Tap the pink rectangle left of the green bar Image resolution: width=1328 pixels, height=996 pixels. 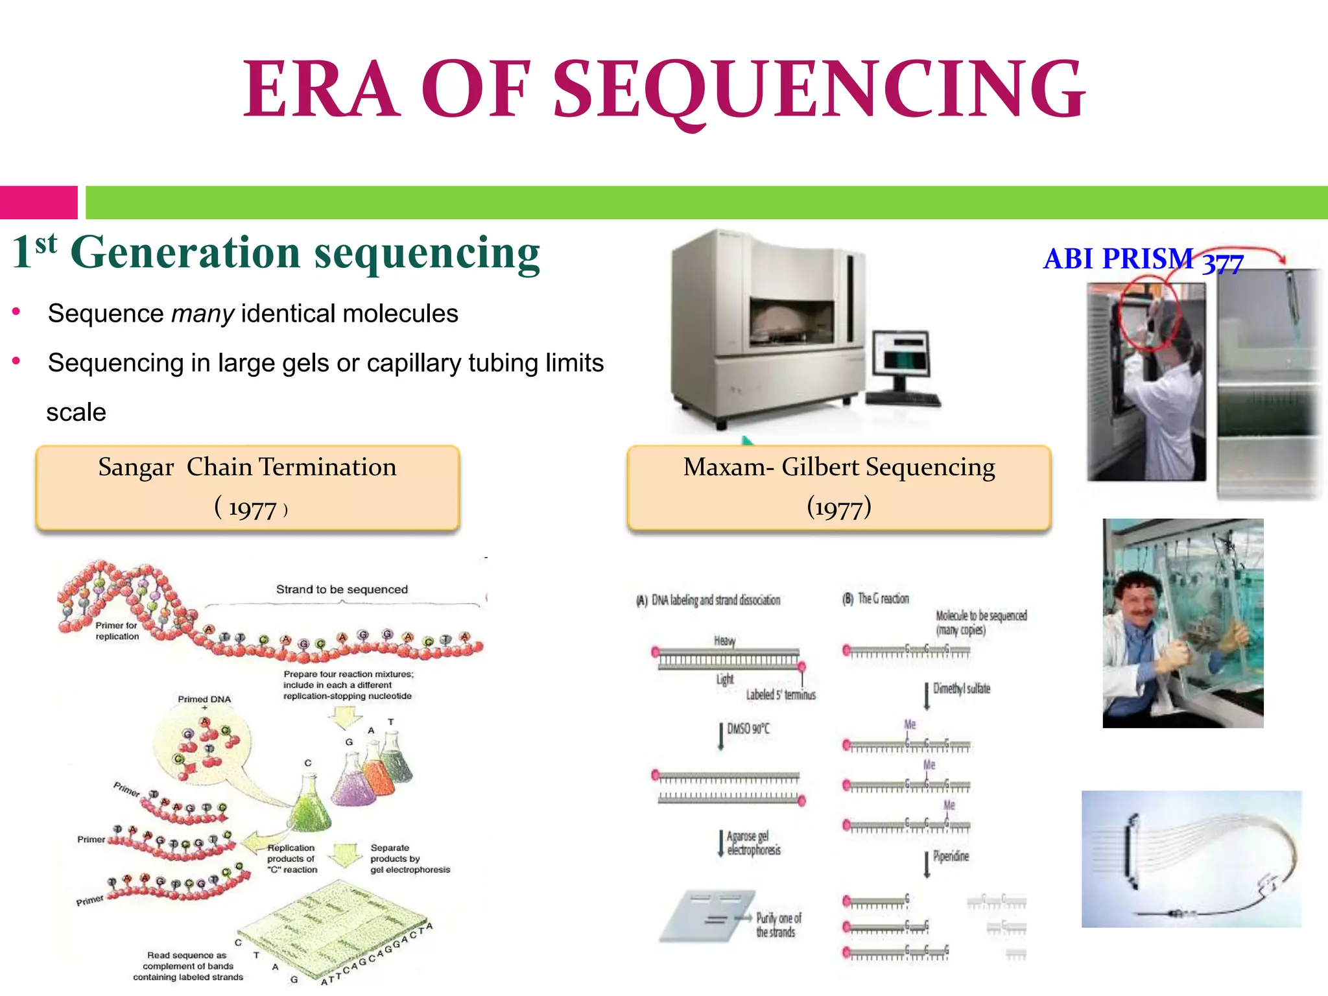(x=38, y=202)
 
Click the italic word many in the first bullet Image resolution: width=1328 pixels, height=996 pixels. (x=202, y=314)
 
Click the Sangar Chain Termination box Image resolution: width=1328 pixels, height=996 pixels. (x=248, y=488)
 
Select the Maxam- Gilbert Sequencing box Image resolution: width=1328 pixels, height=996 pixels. (x=838, y=488)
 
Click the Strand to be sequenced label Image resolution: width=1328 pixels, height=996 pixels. (x=342, y=589)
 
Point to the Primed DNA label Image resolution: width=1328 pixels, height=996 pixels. (x=204, y=699)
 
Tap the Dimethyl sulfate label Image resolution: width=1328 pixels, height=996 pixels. (x=961, y=689)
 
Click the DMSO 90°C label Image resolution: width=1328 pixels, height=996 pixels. (x=748, y=729)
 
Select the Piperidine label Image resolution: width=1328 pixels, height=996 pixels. (x=951, y=856)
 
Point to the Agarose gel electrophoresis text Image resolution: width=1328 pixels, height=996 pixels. (x=753, y=843)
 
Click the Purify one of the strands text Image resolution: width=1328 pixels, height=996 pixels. (x=778, y=925)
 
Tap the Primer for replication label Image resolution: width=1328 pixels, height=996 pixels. (x=117, y=631)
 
